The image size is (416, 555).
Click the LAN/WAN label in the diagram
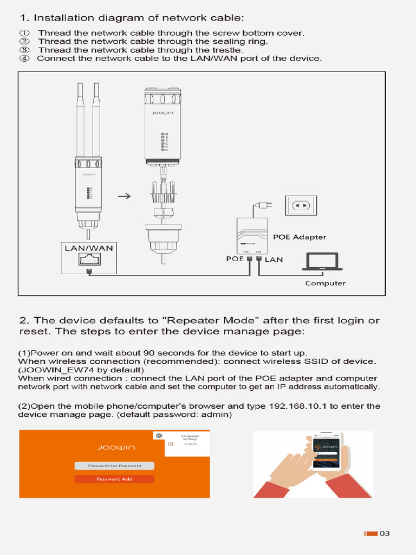click(89, 248)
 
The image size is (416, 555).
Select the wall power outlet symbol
click(301, 205)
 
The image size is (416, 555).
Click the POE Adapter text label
click(300, 237)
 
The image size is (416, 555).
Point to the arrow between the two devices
click(124, 196)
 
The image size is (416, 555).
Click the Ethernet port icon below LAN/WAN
click(89, 261)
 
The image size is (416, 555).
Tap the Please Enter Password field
click(114, 466)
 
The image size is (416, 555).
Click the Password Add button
click(114, 479)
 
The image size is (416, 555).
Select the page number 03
click(385, 534)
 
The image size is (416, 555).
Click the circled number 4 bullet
click(24, 58)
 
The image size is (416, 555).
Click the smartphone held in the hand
click(327, 451)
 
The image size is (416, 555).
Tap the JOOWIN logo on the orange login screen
click(116, 448)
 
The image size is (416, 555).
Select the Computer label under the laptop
click(325, 283)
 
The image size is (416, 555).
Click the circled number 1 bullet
click(24, 33)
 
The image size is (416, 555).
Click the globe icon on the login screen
click(159, 436)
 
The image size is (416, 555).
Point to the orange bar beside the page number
click(370, 534)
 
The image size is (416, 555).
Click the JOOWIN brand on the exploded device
click(162, 115)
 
